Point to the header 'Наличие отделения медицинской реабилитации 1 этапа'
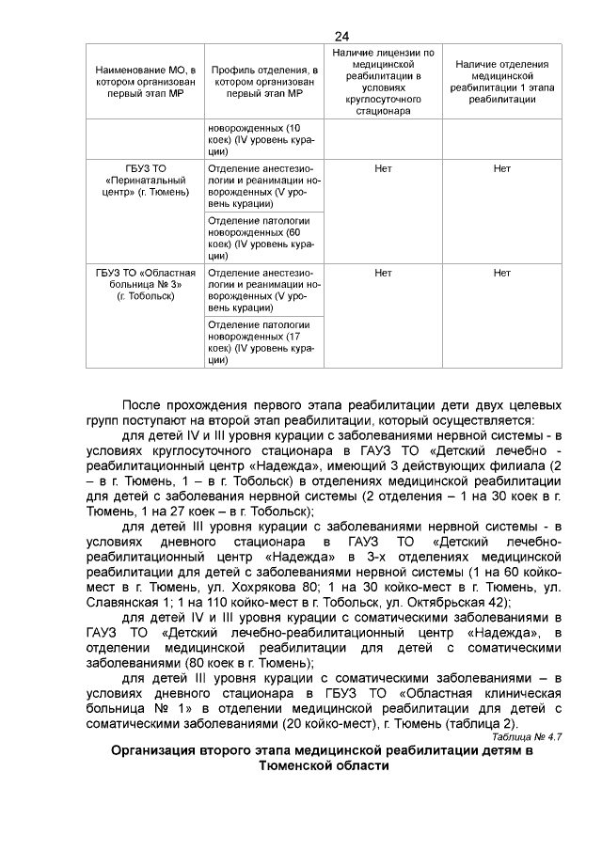[501, 82]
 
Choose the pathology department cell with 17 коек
[262, 341]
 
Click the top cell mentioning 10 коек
[262, 138]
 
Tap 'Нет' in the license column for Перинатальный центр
[383, 169]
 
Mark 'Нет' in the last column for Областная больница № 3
[501, 274]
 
